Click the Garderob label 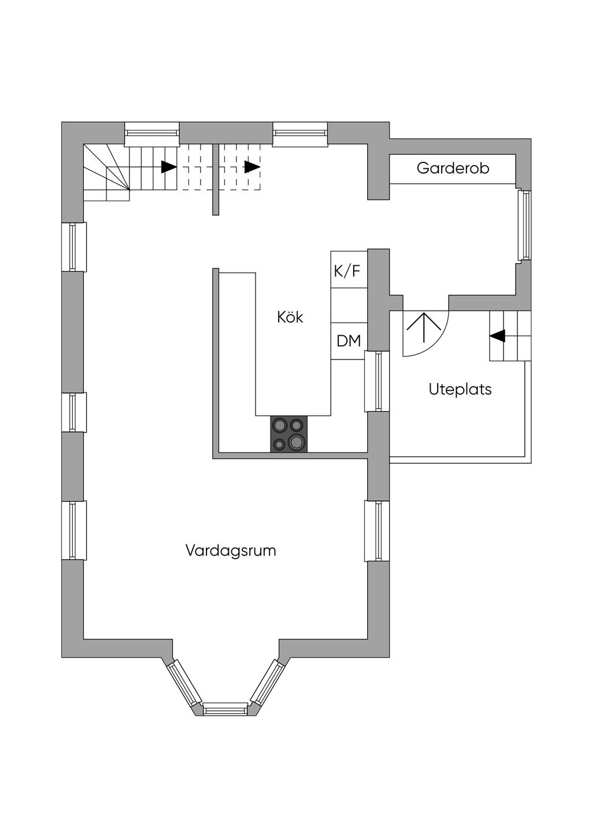(x=453, y=168)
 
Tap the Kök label (x=290, y=317)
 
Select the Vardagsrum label (x=231, y=550)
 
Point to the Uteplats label (x=460, y=389)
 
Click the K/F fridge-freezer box (x=349, y=269)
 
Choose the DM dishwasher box (x=349, y=341)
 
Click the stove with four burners (x=289, y=434)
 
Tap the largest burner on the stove (x=295, y=442)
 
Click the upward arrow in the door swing (x=424, y=328)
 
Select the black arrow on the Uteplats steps (x=497, y=335)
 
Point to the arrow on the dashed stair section (x=252, y=166)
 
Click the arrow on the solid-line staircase (x=169, y=166)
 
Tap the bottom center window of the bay (x=225, y=709)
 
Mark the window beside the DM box (x=377, y=381)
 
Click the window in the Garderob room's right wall (x=524, y=225)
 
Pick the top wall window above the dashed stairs (x=299, y=134)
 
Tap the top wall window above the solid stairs (x=151, y=134)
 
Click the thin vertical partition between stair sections (x=216, y=180)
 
